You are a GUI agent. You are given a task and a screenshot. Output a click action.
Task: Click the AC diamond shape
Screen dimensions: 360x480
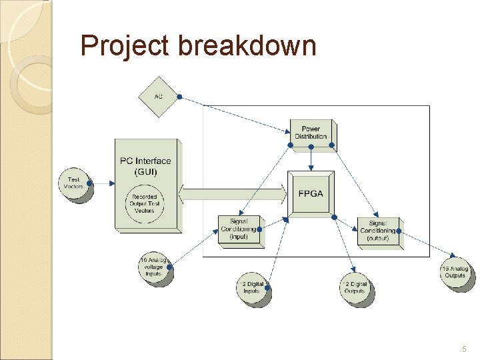pyautogui.click(x=158, y=97)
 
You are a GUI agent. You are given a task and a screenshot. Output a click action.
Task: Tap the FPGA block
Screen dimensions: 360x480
pyautogui.click(x=311, y=193)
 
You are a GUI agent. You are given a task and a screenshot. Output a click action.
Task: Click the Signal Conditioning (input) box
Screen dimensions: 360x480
pyautogui.click(x=239, y=230)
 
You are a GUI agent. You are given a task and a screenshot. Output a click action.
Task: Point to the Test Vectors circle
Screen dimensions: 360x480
pyautogui.click(x=74, y=183)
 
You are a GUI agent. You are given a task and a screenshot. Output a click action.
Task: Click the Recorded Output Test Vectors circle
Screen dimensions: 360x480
pyautogui.click(x=145, y=204)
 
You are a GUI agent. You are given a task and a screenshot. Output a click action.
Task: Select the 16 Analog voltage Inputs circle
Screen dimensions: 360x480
pyautogui.click(x=154, y=267)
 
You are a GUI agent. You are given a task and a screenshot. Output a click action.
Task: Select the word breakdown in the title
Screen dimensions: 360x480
pyautogui.click(x=246, y=47)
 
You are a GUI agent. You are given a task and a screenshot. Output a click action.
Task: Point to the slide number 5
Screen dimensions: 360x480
pyautogui.click(x=464, y=349)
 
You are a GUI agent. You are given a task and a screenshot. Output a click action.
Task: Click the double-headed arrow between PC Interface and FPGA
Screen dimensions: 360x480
pyautogui.click(x=233, y=194)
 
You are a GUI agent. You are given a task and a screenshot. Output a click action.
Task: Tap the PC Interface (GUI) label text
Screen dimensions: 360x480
pyautogui.click(x=145, y=166)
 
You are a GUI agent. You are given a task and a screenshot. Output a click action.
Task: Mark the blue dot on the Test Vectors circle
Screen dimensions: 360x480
pyautogui.click(x=89, y=181)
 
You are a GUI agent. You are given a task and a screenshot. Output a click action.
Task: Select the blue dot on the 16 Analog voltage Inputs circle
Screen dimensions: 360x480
pyautogui.click(x=169, y=267)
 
